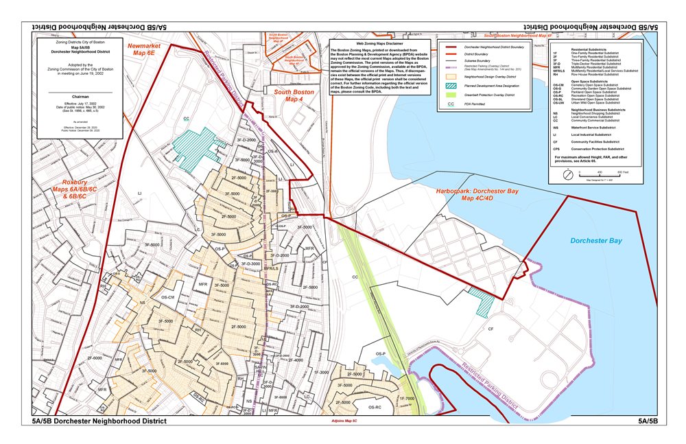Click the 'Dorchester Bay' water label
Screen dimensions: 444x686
[596, 241]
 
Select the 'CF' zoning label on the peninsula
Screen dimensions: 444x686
[491, 329]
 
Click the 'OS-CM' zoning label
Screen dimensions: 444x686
[168, 297]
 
